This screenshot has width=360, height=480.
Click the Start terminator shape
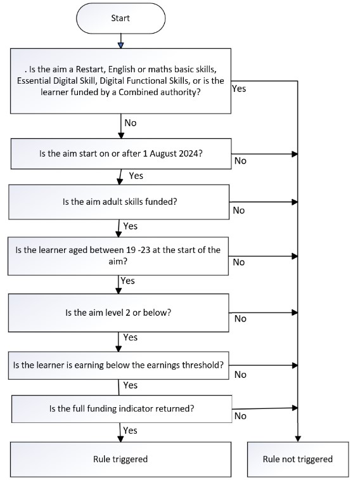pos(120,18)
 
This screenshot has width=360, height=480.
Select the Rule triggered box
pos(120,459)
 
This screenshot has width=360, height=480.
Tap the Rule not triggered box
pos(298,459)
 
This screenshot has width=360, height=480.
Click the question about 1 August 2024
pos(121,153)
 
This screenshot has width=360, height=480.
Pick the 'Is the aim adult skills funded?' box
pos(119,202)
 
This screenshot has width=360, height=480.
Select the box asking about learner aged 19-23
pos(118,256)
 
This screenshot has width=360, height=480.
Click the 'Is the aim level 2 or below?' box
pos(119,313)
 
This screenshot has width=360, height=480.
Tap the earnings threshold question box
pos(119,365)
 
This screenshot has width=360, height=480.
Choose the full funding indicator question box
pos(122,409)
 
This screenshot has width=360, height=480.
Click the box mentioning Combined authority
pos(120,81)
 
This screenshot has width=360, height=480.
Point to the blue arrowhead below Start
pos(121,45)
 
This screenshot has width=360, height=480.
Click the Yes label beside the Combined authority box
pos(239,89)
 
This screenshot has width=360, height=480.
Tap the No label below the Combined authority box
pos(131,123)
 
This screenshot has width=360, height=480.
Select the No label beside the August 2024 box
pos(240,160)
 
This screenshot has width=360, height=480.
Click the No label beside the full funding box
pos(240,416)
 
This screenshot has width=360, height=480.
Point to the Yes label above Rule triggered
pos(130,431)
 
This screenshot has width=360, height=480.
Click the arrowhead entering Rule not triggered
pos(298,439)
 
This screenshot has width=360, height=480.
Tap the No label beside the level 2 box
pos(240,319)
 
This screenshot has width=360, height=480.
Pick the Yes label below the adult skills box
pos(131,226)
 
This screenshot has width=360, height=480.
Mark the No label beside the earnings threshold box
pos(240,375)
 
